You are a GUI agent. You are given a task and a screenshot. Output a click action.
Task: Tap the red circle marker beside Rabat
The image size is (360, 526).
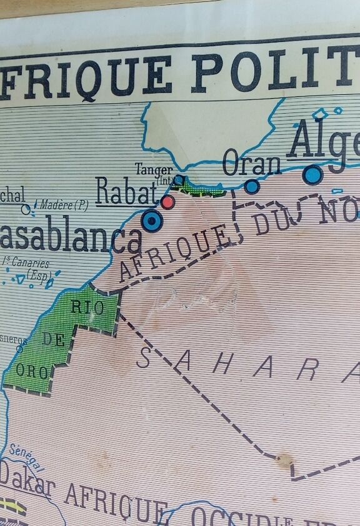(x=167, y=201)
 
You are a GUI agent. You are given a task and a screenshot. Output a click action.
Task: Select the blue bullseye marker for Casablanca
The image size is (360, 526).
(x=152, y=220)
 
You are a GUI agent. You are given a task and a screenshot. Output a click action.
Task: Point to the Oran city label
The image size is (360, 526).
(x=252, y=164)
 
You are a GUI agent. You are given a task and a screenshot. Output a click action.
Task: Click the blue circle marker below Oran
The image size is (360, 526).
(x=252, y=186)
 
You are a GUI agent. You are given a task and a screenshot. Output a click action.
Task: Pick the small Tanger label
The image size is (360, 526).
(x=154, y=169)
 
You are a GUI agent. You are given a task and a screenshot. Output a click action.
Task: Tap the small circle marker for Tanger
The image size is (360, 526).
(x=179, y=181)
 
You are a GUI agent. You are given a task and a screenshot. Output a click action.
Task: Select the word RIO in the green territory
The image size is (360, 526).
(x=87, y=307)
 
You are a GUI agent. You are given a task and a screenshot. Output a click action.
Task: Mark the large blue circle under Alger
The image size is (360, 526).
(x=312, y=174)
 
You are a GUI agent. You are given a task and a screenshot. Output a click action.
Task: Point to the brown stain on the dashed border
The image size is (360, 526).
(x=285, y=461)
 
